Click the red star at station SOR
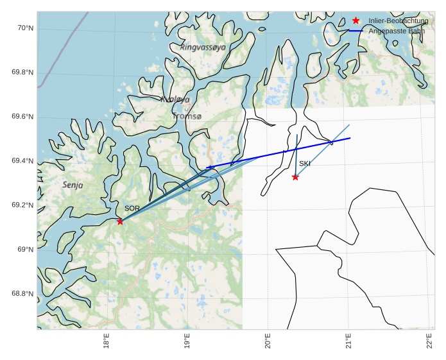(120, 221)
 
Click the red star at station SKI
(295, 177)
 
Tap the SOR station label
(132, 209)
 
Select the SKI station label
(305, 164)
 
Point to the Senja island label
(73, 185)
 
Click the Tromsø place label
(187, 116)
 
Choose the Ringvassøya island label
(203, 47)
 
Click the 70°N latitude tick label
(24, 28)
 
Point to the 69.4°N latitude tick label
(22, 161)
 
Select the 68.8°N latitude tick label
(22, 294)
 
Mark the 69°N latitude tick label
(24, 250)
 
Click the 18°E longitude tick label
(106, 343)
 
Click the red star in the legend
(356, 21)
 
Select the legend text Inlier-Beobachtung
(399, 21)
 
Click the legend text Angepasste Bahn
(397, 31)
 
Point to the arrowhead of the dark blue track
(208, 167)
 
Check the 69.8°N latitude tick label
(22, 73)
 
